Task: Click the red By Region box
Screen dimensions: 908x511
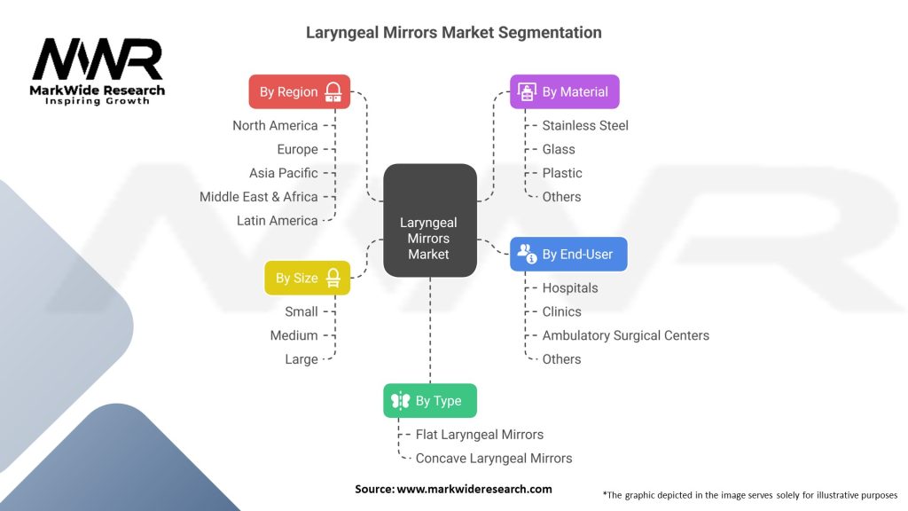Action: point(299,91)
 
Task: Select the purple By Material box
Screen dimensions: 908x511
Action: point(564,91)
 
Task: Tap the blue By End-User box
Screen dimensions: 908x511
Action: point(567,254)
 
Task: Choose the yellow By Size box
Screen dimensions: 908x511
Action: point(307,278)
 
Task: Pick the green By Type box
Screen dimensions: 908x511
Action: point(429,400)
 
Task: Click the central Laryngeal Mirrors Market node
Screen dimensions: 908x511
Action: point(429,238)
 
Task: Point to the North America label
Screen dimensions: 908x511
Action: point(275,125)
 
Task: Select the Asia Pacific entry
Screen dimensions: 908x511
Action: point(283,173)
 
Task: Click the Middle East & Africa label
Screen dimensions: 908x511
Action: point(258,196)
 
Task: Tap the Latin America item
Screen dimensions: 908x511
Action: point(277,220)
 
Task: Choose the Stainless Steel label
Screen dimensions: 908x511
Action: point(585,125)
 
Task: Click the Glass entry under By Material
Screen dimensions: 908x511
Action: point(559,149)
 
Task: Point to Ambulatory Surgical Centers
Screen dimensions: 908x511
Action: point(626,335)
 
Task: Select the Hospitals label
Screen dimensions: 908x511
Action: point(570,287)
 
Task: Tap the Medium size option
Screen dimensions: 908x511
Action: point(294,335)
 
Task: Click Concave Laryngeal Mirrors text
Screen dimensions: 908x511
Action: point(494,458)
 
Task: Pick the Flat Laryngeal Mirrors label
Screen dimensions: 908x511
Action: point(480,434)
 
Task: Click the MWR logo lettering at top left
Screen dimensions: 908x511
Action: point(98,60)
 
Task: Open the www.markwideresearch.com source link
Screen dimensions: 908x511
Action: point(474,489)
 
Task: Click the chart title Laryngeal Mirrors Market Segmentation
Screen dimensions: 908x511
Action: point(453,33)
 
